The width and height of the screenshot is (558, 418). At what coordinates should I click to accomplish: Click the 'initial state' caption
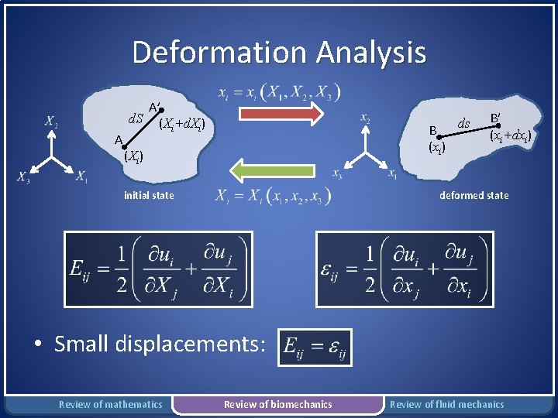point(149,196)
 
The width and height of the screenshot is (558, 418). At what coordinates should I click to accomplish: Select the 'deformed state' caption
point(474,196)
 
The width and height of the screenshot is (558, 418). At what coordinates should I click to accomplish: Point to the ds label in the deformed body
point(463,123)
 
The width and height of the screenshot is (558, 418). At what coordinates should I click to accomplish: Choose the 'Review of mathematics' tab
point(111,404)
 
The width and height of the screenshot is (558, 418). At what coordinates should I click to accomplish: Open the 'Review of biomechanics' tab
point(277,404)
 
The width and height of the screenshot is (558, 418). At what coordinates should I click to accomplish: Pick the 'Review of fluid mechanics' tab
point(446,404)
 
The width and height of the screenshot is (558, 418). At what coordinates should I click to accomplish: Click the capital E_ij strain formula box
point(153,269)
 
